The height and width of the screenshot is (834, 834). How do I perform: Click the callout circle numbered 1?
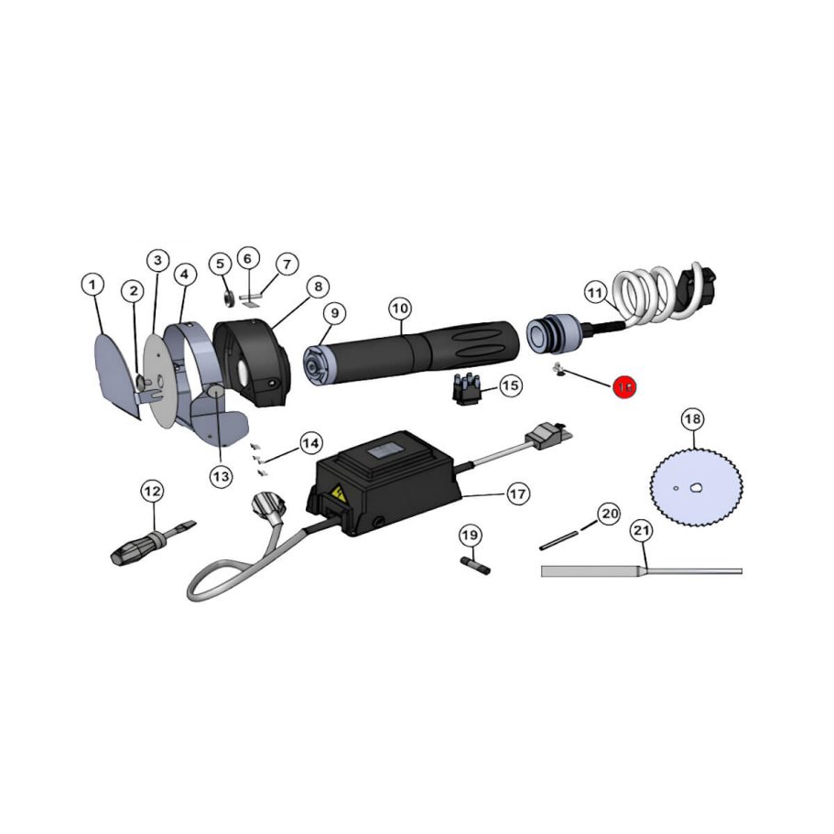[92, 285]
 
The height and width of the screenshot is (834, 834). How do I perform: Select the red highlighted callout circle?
[625, 387]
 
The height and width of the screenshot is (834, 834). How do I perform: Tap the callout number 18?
[693, 420]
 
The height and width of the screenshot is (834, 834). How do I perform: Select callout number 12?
[151, 492]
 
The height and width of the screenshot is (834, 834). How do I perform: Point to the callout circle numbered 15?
[510, 385]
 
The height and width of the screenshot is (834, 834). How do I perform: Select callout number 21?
[642, 530]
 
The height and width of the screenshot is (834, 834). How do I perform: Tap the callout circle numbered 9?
[335, 313]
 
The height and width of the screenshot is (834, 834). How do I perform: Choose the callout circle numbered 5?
[220, 264]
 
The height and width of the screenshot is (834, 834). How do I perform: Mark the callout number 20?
[610, 514]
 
